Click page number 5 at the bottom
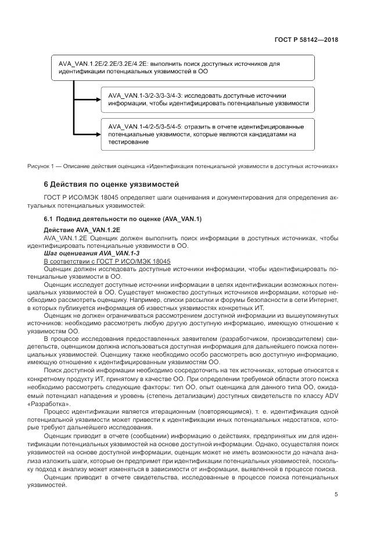click(336, 495)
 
